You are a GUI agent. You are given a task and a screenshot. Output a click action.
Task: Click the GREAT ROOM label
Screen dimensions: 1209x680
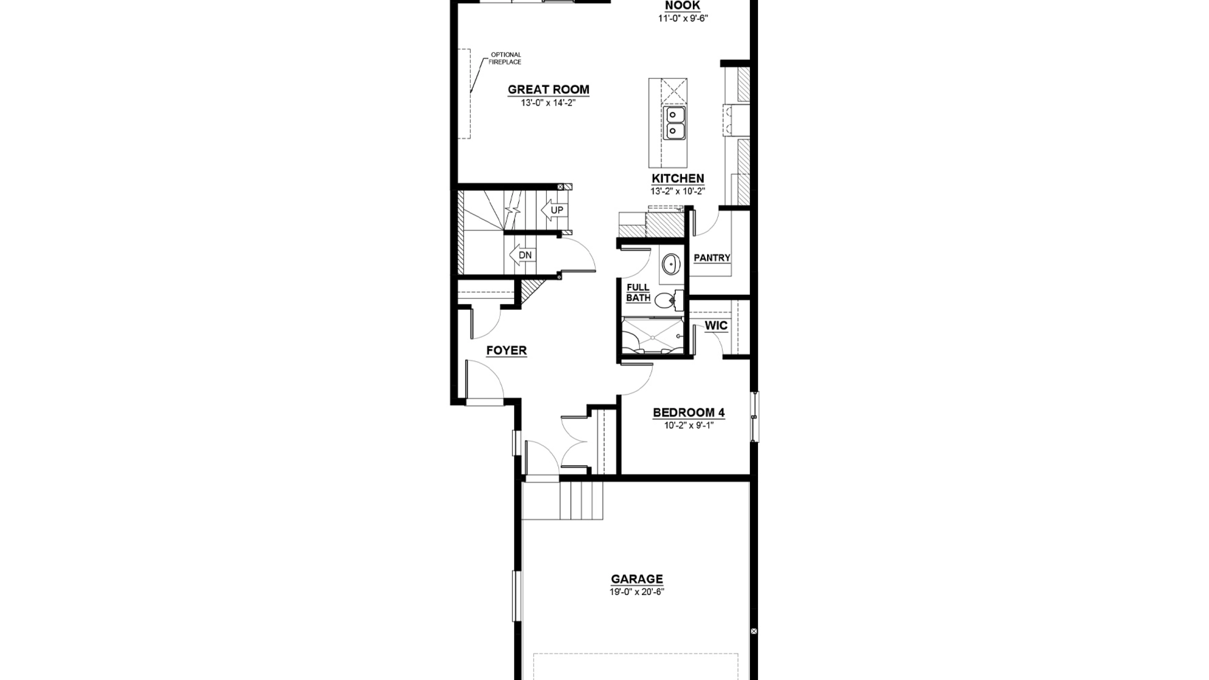tap(548, 90)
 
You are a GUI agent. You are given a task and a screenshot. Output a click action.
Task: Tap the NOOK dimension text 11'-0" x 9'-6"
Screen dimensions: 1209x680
tap(683, 18)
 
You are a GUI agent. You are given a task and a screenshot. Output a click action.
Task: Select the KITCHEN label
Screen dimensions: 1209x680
tap(678, 178)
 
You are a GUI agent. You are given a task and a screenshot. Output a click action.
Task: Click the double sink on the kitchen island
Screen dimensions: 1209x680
tap(674, 123)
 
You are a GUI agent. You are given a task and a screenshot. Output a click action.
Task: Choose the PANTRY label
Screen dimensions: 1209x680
tap(712, 258)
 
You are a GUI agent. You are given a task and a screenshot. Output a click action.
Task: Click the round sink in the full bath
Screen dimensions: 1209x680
tap(670, 265)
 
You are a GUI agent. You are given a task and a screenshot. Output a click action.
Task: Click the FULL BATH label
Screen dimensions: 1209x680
tap(638, 293)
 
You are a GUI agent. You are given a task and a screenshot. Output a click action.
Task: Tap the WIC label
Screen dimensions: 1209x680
tap(716, 326)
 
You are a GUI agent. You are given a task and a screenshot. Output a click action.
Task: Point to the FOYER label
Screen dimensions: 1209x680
tap(506, 350)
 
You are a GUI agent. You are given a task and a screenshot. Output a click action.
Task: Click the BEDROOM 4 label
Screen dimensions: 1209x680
tap(689, 413)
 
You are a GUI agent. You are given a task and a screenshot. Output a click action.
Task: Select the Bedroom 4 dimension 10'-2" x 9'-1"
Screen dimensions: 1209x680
tap(689, 425)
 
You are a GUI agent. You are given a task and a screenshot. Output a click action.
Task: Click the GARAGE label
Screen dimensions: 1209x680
tap(637, 579)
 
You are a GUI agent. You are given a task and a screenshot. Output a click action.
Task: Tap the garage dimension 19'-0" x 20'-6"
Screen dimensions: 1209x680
tap(637, 592)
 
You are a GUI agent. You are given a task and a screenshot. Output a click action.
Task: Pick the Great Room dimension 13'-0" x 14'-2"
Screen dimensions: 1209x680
tap(548, 102)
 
